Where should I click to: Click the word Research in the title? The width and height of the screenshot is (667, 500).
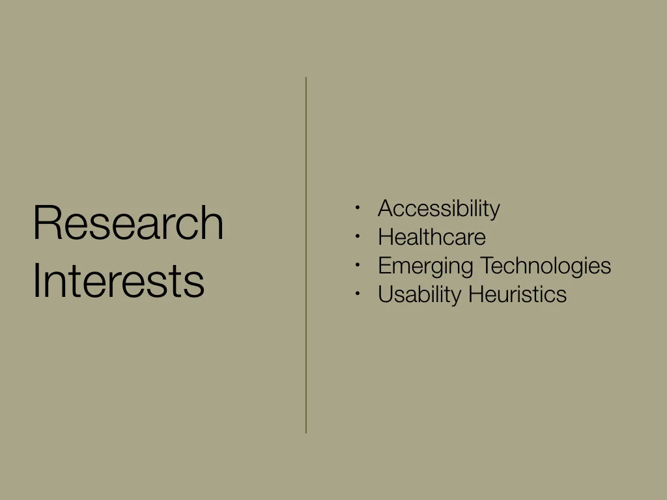click(128, 223)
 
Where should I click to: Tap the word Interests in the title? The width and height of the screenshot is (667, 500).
click(119, 281)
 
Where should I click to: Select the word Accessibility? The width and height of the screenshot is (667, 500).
click(438, 209)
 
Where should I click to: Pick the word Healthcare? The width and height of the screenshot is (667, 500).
click(431, 237)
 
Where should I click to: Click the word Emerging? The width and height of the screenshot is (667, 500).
click(425, 266)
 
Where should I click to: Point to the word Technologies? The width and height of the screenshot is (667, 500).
click(545, 266)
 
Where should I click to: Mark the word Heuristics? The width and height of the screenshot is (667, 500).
click(517, 294)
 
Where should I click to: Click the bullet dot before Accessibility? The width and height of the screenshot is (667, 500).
click(358, 208)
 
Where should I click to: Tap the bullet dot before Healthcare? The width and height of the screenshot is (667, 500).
click(358, 236)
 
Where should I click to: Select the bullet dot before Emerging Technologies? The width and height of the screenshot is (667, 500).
click(358, 265)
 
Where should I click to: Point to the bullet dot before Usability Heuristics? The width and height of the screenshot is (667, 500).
click(358, 294)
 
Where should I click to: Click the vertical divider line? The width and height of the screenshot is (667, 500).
click(306, 254)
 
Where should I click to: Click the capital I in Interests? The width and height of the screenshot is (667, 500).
click(36, 281)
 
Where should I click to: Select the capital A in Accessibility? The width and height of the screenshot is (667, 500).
click(385, 209)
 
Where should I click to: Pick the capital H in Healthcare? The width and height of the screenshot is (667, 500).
click(385, 237)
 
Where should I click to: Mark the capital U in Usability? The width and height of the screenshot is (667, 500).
click(385, 294)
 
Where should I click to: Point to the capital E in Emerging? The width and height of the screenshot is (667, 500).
click(384, 266)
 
